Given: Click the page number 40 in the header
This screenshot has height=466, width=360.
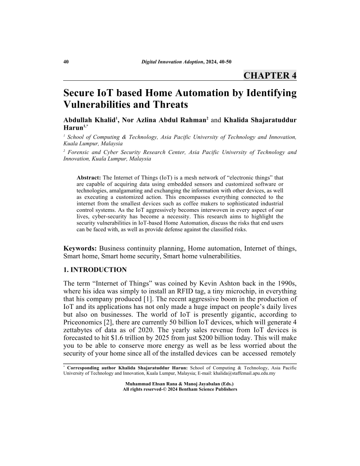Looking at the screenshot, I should [x=66, y=62].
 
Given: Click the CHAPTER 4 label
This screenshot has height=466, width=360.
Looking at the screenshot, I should [x=270, y=75].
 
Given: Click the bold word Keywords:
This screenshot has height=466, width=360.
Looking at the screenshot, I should [x=81, y=249].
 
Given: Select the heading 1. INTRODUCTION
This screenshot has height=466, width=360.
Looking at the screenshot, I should [x=95, y=270].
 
